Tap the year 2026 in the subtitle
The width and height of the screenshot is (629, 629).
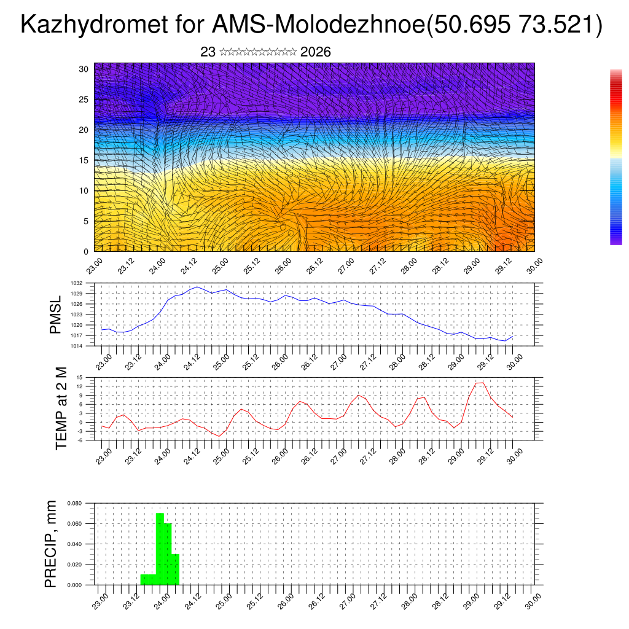(316, 52)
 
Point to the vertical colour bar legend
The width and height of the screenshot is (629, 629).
(616, 157)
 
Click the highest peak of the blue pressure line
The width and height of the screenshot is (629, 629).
(197, 286)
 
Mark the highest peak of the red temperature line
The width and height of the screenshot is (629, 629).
(482, 382)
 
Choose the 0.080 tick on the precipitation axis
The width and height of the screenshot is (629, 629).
(75, 503)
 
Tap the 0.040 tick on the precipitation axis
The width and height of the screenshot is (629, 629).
(75, 544)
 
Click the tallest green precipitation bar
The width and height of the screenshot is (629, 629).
(160, 549)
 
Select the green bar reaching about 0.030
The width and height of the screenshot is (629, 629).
(175, 569)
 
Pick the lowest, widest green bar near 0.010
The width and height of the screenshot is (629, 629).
(148, 579)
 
